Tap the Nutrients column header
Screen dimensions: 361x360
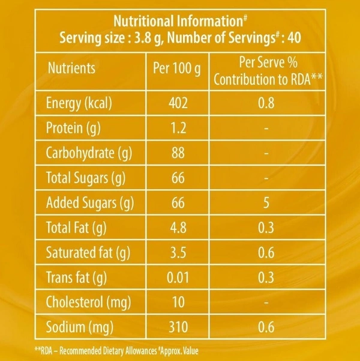click(x=71, y=67)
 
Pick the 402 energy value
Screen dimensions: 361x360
click(x=178, y=103)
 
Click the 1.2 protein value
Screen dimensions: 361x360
click(x=178, y=128)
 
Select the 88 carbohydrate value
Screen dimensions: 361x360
click(x=178, y=153)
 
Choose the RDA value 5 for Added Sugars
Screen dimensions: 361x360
click(x=266, y=203)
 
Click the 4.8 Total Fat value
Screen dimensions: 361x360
click(x=178, y=228)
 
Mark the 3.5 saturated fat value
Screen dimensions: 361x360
click(x=178, y=253)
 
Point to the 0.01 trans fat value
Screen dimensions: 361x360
click(x=178, y=278)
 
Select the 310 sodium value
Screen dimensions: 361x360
click(x=178, y=328)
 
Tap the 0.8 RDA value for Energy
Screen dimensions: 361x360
click(x=266, y=103)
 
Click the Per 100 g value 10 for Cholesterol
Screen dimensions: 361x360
click(x=178, y=303)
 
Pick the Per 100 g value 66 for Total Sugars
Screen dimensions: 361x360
click(x=178, y=178)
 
